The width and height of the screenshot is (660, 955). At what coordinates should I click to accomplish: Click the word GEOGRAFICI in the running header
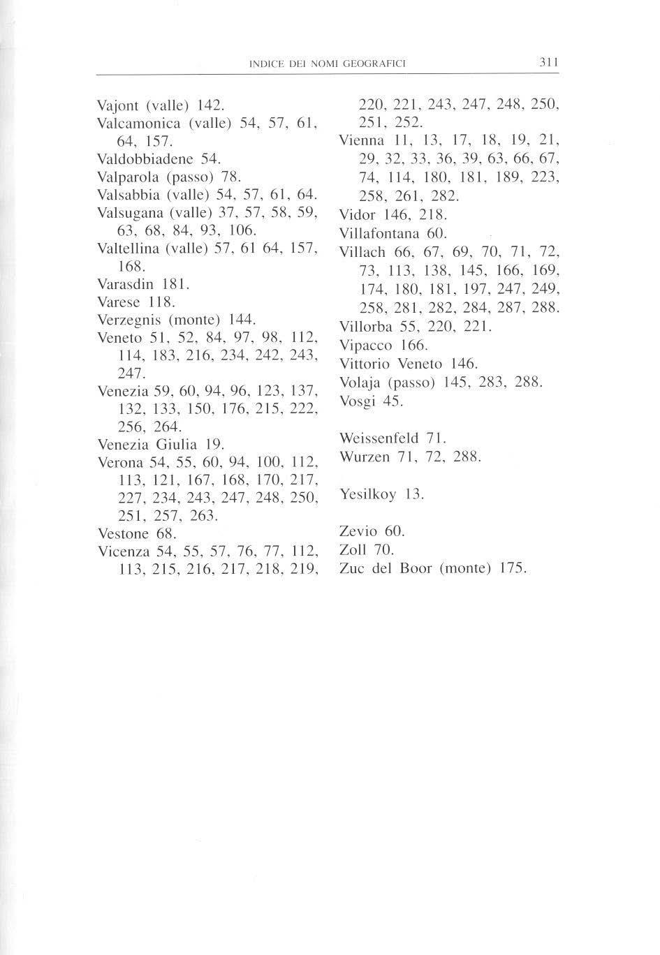tap(378, 64)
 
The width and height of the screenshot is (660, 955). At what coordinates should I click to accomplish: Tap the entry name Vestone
tap(123, 534)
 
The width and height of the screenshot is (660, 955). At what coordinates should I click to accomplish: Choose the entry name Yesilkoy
tap(367, 494)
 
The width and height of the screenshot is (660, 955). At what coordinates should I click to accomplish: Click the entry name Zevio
tap(357, 531)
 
